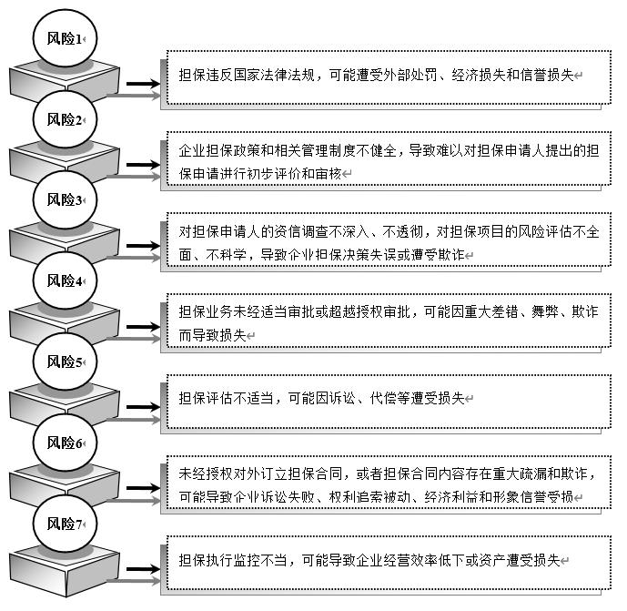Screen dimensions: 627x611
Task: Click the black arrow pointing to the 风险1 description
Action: (x=143, y=84)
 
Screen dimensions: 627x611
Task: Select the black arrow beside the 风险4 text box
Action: (x=143, y=327)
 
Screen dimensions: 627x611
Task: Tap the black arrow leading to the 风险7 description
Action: (x=143, y=569)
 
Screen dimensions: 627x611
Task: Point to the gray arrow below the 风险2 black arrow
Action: (x=134, y=177)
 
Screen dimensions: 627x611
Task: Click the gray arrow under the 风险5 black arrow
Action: (x=134, y=420)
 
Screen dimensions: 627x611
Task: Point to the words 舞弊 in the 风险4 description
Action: (x=544, y=311)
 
